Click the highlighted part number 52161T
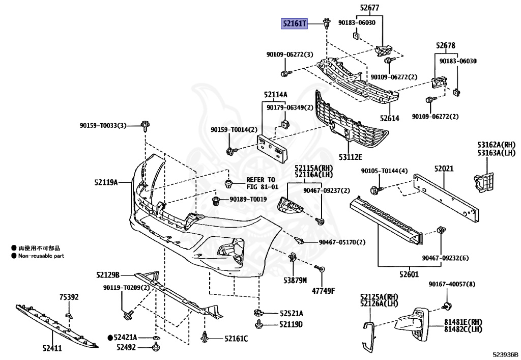tap(295, 23)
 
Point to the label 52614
tap(389, 119)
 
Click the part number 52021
tap(444, 169)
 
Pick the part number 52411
tap(51, 349)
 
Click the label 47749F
tap(324, 291)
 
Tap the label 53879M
tap(295, 281)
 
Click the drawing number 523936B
tap(505, 354)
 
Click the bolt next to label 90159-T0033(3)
tap(145, 125)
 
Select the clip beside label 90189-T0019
tap(217, 200)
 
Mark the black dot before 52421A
tap(110, 337)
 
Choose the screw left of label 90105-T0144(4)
tap(377, 190)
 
